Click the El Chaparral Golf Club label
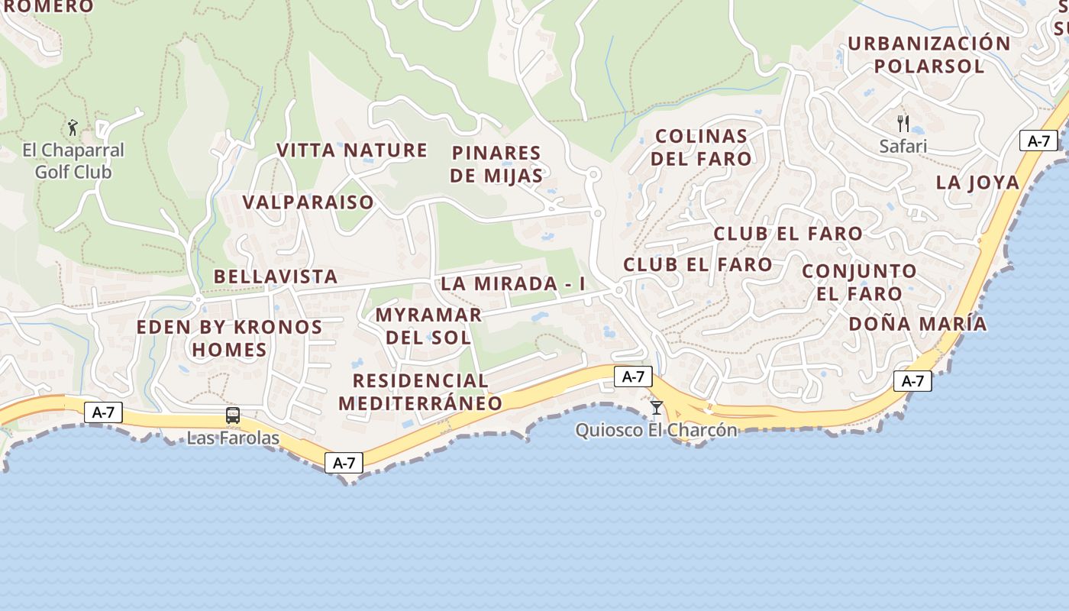[73, 161]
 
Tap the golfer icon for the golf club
[73, 127]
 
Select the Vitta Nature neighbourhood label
[352, 150]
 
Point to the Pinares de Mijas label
[496, 164]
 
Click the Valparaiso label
[308, 202]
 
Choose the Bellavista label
[276, 276]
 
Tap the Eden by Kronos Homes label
[229, 338]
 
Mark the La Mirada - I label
[513, 283]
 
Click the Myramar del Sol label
[428, 326]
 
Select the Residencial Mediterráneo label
[421, 392]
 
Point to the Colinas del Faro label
[702, 147]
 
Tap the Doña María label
[918, 324]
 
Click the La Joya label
[978, 183]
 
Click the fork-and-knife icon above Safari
[903, 123]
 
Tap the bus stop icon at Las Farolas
[233, 415]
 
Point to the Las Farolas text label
[233, 439]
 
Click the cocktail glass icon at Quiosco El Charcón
[657, 408]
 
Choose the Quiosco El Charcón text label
[657, 431]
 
